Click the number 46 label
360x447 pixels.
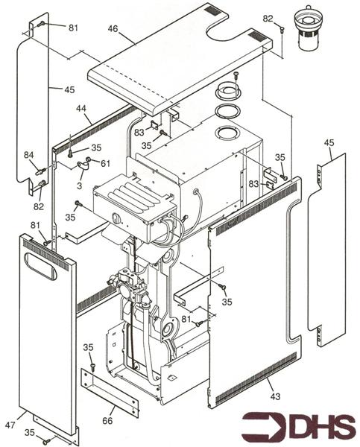[113, 29]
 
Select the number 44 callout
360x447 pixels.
[81, 109]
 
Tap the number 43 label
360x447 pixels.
[275, 396]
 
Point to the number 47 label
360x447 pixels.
[10, 425]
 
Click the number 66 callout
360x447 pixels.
[107, 420]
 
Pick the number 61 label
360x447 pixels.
[104, 163]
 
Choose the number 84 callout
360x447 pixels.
[28, 155]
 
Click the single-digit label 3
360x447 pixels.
[79, 186]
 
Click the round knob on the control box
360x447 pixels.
[116, 218]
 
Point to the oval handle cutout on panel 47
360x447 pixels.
[40, 266]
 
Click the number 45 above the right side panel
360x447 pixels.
[329, 143]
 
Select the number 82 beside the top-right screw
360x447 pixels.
[268, 19]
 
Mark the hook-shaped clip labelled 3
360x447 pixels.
[83, 167]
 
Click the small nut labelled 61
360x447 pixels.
[89, 159]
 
